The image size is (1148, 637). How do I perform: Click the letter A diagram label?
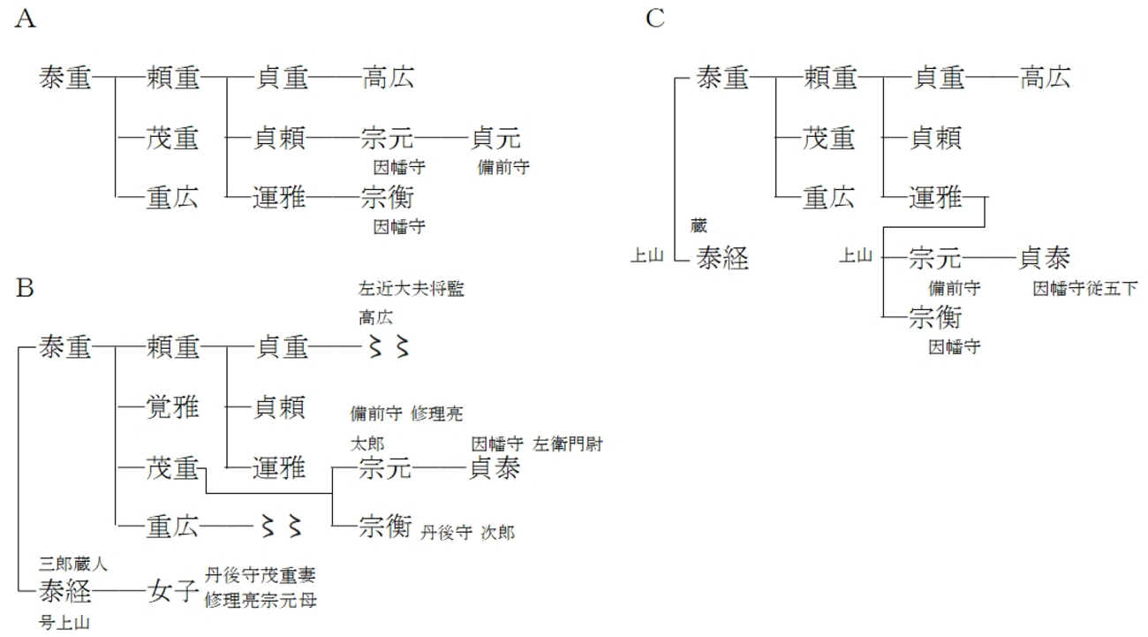tap(26, 20)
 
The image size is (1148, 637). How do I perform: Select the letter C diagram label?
tap(654, 19)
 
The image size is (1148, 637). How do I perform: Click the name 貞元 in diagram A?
tap(496, 139)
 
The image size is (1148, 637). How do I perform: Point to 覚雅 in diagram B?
tap(172, 407)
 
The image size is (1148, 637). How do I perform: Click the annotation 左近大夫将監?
tap(411, 288)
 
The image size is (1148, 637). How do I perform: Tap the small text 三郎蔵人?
tap(73, 562)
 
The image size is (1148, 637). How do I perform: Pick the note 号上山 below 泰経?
tap(64, 623)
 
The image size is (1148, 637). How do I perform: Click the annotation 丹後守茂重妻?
tap(260, 575)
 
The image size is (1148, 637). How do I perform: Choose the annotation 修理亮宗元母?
tap(260, 601)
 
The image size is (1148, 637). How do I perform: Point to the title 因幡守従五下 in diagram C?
tap(1084, 288)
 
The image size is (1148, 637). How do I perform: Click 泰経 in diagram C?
tap(722, 258)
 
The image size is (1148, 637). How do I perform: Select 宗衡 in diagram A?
tap(387, 198)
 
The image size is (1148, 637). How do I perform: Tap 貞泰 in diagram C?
tap(1045, 258)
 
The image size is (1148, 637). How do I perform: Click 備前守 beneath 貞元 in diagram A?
tap(503, 167)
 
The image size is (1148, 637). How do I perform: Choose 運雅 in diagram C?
tap(937, 198)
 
